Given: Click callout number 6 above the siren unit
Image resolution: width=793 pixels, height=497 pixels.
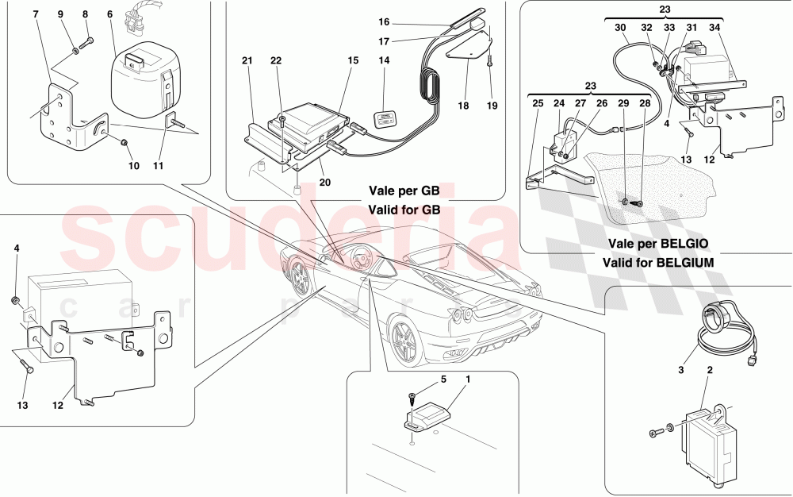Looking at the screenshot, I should [x=109, y=14].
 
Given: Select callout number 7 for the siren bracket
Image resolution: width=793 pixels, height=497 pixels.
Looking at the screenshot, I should [x=36, y=14].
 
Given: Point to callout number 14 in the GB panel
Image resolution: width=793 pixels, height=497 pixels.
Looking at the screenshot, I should [x=385, y=60].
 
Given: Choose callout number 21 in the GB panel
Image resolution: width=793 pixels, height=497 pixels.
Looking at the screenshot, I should [x=247, y=60].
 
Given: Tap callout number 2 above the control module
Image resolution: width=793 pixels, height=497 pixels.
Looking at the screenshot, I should [x=710, y=370].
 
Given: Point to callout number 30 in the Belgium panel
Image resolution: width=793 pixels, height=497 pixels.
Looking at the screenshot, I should [x=621, y=28].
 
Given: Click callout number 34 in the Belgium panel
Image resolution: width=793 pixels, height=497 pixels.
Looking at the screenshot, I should [x=714, y=28].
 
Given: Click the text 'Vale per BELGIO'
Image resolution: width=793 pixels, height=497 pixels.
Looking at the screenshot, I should [x=658, y=244].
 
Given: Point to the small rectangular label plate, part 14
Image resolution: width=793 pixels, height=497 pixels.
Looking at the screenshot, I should [x=385, y=120].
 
